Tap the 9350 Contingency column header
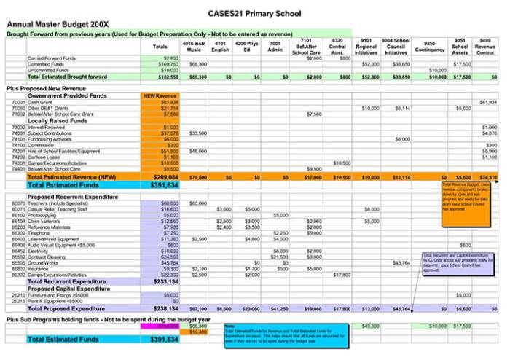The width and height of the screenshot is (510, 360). [x=430, y=47]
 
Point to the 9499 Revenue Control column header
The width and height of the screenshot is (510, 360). [x=485, y=47]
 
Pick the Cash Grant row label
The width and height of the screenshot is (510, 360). [x=42, y=103]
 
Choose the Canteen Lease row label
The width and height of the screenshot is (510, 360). [x=44, y=157]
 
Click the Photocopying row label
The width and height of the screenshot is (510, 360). [x=44, y=216]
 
